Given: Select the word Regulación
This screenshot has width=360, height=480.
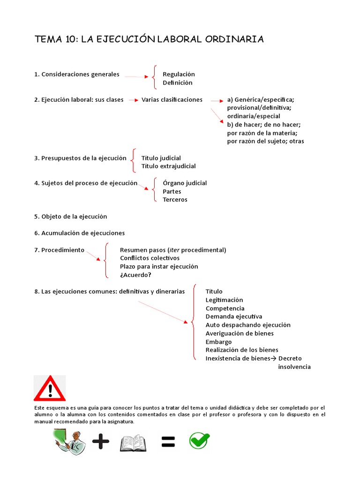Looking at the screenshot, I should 179,74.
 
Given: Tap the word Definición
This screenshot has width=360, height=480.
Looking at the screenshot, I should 177,82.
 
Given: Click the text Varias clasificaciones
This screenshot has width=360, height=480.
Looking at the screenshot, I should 172,99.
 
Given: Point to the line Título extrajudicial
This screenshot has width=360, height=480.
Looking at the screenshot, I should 169,166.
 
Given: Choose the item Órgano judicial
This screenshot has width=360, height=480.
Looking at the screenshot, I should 185,183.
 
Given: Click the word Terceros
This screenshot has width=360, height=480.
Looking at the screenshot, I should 175,200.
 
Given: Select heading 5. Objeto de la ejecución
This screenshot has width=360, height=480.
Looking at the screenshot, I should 71,217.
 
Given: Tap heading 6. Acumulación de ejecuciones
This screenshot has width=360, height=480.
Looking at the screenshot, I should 80,233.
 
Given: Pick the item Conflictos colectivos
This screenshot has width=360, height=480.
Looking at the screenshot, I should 150,258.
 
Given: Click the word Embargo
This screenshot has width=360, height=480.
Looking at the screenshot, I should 218,342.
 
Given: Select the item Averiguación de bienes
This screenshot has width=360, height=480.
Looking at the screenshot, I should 240,333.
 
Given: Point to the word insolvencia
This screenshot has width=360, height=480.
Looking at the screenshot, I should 294,367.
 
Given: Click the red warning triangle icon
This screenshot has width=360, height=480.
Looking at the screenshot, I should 50,388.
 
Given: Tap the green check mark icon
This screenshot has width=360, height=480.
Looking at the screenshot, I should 199,441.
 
